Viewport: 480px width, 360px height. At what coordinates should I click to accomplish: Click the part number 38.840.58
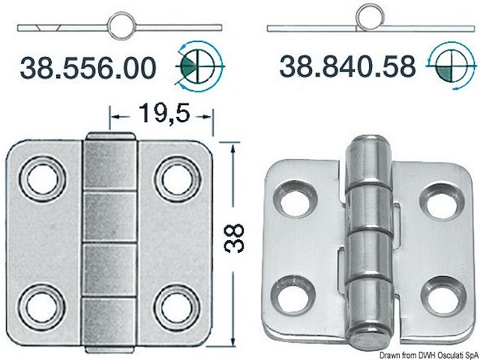(347, 67)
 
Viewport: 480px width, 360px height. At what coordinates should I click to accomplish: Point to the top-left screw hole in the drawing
(37, 179)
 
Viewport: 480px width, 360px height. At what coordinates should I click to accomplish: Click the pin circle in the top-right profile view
(369, 16)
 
